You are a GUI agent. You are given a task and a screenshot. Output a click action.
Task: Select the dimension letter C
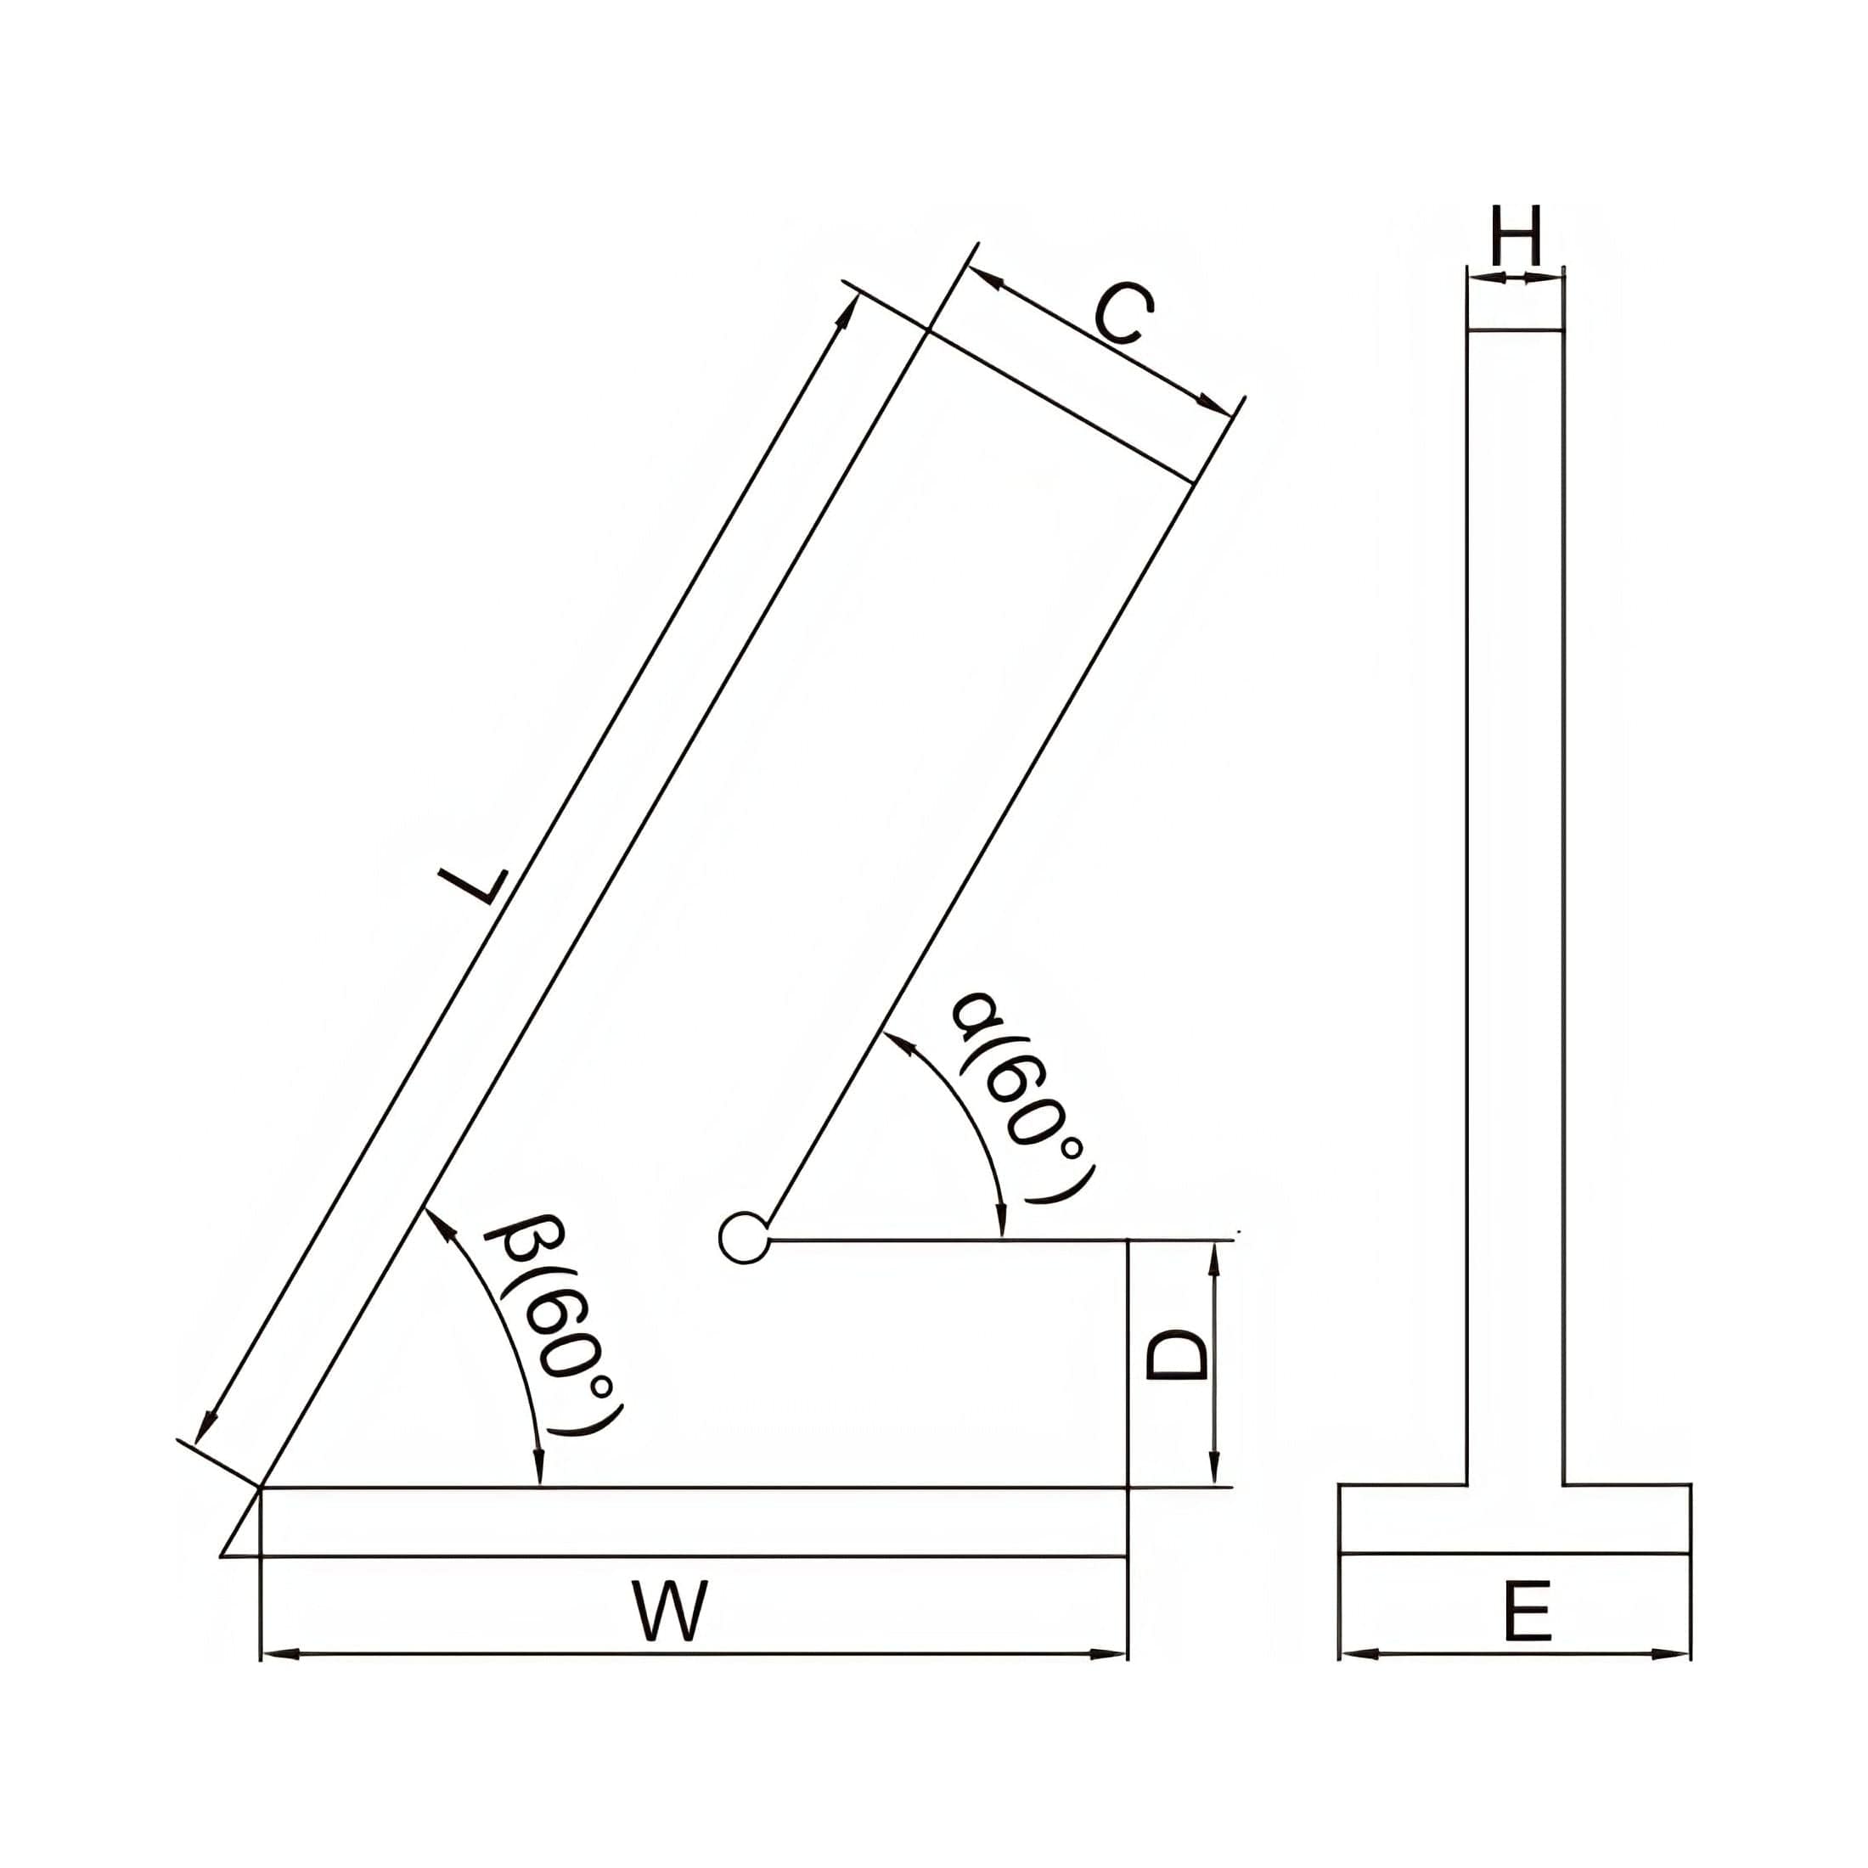coord(1123,315)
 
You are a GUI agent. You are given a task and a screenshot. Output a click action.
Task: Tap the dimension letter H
coord(1515,236)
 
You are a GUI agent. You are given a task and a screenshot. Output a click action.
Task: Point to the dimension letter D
coord(1177,1354)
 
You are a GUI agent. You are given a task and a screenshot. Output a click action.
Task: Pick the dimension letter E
coord(1528,1611)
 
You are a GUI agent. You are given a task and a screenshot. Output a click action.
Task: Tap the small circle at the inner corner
coord(745,1238)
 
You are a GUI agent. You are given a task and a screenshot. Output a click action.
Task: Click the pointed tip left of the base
coord(222,1556)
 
